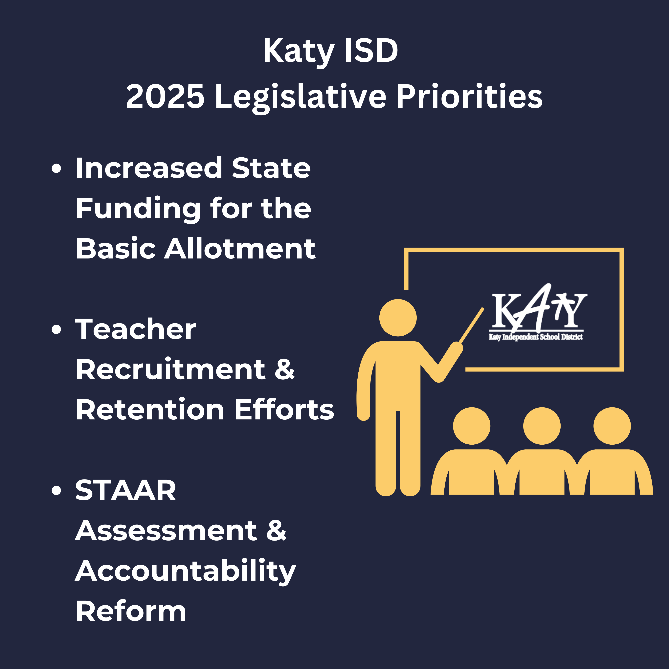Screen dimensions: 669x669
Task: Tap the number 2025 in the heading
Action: pyautogui.click(x=165, y=96)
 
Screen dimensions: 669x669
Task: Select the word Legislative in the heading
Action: pyautogui.click(x=300, y=98)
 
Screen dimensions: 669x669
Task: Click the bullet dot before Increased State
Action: pyautogui.click(x=56, y=169)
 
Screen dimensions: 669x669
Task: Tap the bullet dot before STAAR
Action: pyautogui.click(x=56, y=491)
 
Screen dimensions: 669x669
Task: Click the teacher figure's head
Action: pyautogui.click(x=398, y=318)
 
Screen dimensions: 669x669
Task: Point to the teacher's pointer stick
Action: pyautogui.click(x=471, y=325)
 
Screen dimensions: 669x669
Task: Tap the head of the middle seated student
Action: pyautogui.click(x=542, y=426)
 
